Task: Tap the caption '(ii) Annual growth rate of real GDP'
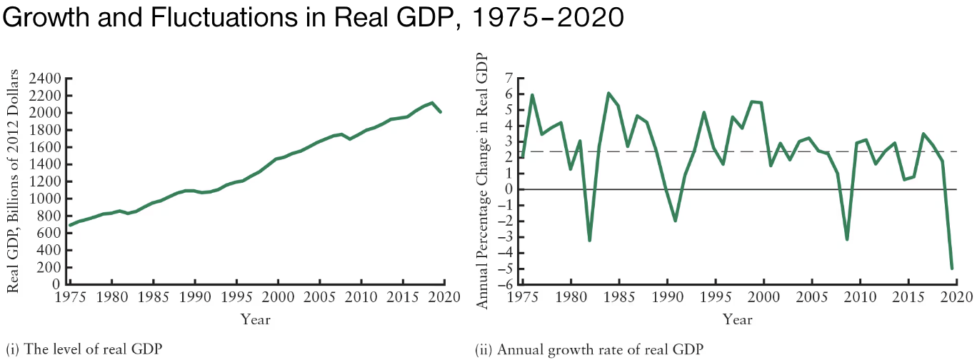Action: tap(589, 349)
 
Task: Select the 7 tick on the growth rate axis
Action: tap(509, 79)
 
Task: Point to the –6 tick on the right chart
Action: tap(506, 284)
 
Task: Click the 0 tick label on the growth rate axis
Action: tap(509, 189)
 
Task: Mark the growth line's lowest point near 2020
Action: tap(951, 269)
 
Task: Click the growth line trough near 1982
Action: tap(589, 240)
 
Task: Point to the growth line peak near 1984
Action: tap(608, 94)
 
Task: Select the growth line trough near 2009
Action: tap(847, 239)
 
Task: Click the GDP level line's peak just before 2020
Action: tap(432, 103)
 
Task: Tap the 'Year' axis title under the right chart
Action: tap(737, 319)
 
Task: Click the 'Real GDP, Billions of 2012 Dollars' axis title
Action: tap(13, 181)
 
